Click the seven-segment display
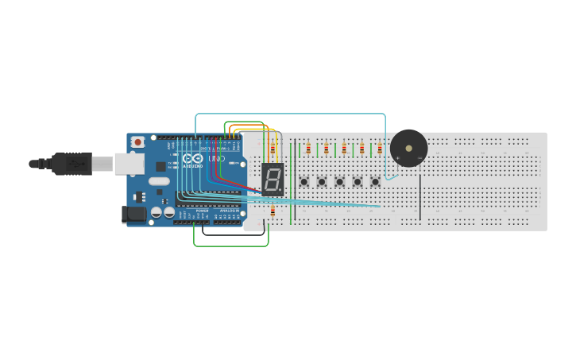273,180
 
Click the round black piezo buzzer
408,149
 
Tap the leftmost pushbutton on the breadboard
303,182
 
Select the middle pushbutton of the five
339,182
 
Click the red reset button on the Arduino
138,142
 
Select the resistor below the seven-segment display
273,211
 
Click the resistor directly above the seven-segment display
273,149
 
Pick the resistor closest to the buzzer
379,149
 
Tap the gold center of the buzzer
408,148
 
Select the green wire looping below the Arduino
230,246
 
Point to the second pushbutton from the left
322,182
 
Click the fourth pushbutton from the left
358,182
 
